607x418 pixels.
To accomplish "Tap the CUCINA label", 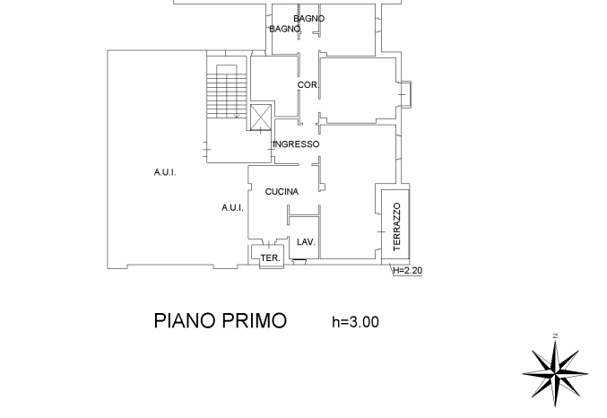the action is coord(282,191).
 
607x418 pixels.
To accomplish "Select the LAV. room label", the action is coord(307,242).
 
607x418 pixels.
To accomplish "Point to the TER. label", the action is coord(271,258).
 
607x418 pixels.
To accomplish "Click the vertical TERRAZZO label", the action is coord(397,227).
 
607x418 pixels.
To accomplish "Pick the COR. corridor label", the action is coord(308,85).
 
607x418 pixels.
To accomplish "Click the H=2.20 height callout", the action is coord(408,270).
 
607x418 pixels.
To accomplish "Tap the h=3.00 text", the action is coord(356,322).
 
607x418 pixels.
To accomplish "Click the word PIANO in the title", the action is coord(185,321).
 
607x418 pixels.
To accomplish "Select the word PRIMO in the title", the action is coord(255,321).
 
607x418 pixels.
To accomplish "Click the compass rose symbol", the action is coord(555,373).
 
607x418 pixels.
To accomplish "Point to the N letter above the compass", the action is coord(556,335).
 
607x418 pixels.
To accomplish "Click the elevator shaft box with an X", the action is coord(261,117).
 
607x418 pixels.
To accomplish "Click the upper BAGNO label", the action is coord(309,18).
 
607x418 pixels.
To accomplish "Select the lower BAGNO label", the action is coord(285,29).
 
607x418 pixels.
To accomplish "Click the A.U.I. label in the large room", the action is coord(165,172).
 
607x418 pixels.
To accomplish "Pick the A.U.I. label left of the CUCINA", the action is coord(232,207).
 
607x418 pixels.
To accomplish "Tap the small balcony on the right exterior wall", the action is coord(405,94).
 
